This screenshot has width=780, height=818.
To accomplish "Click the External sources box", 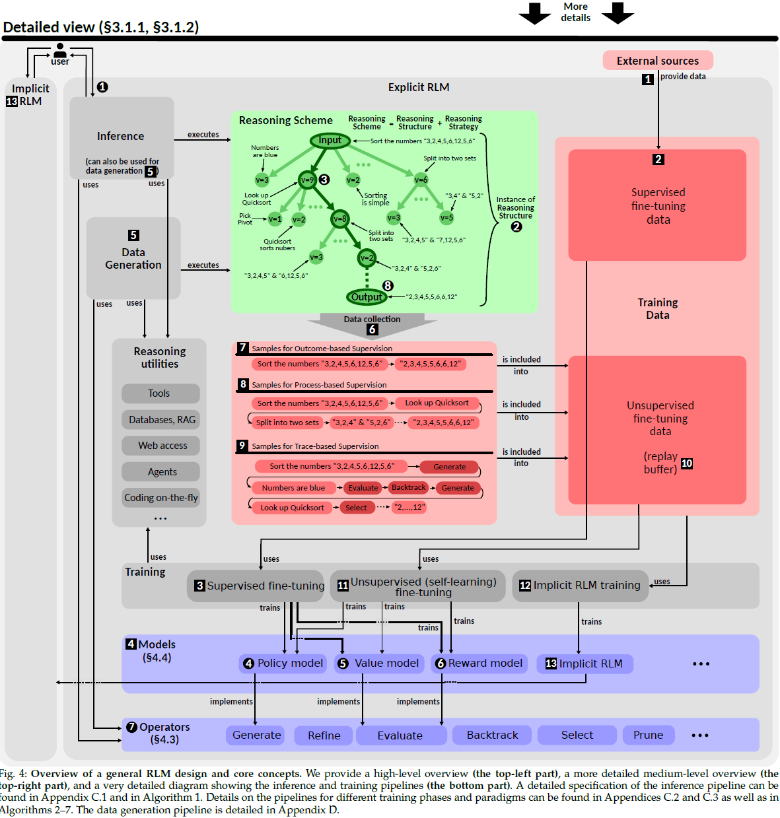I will coord(657,61).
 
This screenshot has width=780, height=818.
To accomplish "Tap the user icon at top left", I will coord(60,50).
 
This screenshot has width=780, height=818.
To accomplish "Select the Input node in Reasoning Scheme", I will coord(330,140).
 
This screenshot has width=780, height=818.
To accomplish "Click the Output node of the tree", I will coord(367,297).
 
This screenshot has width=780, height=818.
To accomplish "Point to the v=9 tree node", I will coord(307,180).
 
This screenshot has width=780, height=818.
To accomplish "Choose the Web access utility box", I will coord(161,446).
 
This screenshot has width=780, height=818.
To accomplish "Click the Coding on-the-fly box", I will coord(161,498).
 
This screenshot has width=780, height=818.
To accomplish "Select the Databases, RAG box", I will coord(161,420).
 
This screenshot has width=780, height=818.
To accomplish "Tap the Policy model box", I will coord(283,664).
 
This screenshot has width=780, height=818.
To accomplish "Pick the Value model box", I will coord(379,664).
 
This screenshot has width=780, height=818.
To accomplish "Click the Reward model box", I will coord(479,664).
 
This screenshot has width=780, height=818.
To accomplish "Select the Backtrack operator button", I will coord(492,735).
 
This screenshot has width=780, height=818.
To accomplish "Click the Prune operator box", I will coord(648,735).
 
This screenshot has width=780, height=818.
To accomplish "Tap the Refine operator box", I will coord(324,735).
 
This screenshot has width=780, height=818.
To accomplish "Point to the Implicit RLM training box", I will coord(580,586).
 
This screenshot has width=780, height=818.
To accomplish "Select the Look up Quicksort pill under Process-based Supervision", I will coord(437,403).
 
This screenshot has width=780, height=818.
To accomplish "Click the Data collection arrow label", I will coord(372,320).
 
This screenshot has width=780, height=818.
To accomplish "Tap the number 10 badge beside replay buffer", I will coord(687,463).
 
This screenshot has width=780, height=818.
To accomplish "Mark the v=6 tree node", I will coord(421,180).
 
